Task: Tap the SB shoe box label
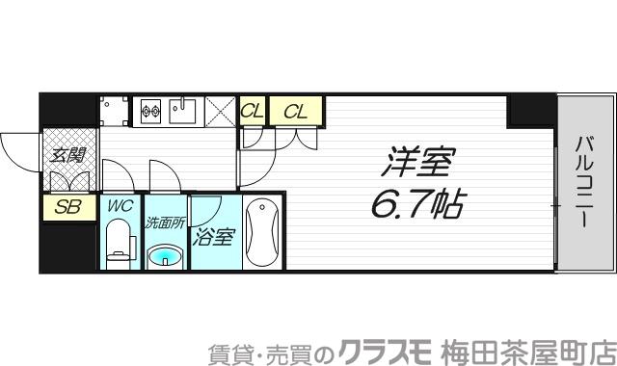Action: pos(67,206)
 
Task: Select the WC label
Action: pos(121,205)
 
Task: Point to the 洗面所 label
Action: pos(166,222)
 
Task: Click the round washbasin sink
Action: pos(166,255)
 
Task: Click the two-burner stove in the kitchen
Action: pos(152,111)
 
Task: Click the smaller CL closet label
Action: pos(252,112)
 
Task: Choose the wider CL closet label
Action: pos(295,112)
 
